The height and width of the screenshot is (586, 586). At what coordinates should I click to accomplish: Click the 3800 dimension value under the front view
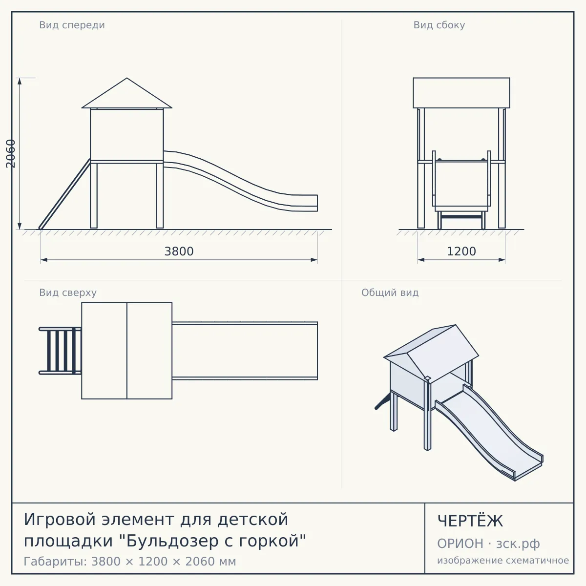click(179, 251)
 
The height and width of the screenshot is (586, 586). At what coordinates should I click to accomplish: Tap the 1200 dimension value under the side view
click(461, 251)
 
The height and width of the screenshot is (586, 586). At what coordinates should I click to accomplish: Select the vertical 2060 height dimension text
click(11, 153)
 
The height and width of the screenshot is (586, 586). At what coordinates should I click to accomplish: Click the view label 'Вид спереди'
click(72, 25)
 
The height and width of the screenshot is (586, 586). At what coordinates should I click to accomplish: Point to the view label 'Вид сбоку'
click(439, 25)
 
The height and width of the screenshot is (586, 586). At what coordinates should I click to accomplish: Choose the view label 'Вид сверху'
click(68, 293)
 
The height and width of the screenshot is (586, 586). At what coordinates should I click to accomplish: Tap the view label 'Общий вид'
click(390, 293)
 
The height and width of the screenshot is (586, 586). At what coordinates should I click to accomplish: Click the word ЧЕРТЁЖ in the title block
click(470, 521)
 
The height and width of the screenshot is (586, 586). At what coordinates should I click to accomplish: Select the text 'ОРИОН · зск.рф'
click(488, 544)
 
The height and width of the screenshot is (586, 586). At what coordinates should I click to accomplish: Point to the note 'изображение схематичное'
click(503, 560)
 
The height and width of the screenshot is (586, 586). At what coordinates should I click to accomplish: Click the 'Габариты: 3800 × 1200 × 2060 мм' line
click(130, 562)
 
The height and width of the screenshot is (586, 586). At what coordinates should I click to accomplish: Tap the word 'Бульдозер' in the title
click(172, 541)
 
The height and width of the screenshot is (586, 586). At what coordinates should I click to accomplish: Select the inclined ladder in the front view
click(64, 194)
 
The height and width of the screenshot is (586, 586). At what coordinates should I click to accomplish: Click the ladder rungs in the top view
click(61, 351)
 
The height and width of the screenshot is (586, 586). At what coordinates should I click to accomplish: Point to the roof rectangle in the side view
click(461, 93)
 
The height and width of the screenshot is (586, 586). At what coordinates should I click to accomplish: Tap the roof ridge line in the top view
click(127, 351)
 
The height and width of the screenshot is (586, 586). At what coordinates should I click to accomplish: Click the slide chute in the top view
click(245, 351)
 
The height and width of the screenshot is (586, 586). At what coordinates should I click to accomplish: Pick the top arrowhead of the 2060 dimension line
click(20, 81)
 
